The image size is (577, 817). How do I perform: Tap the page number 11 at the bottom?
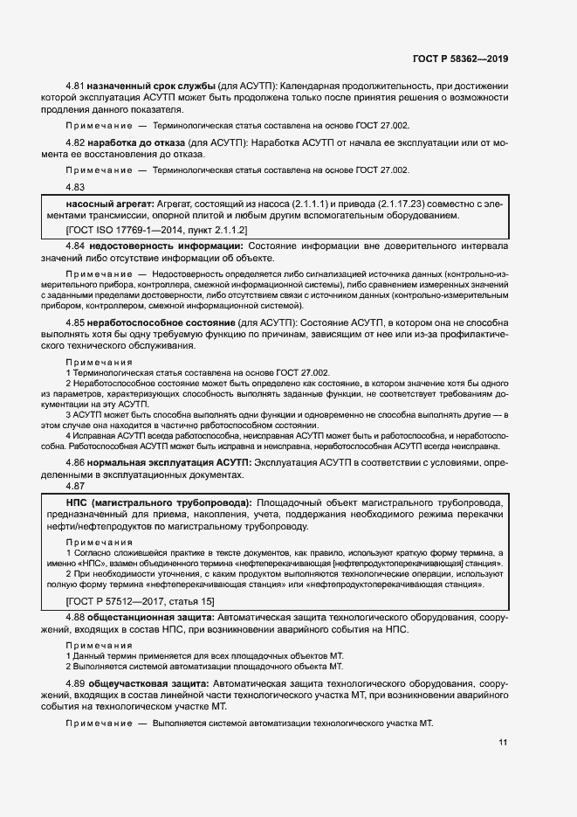tap(503, 743)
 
